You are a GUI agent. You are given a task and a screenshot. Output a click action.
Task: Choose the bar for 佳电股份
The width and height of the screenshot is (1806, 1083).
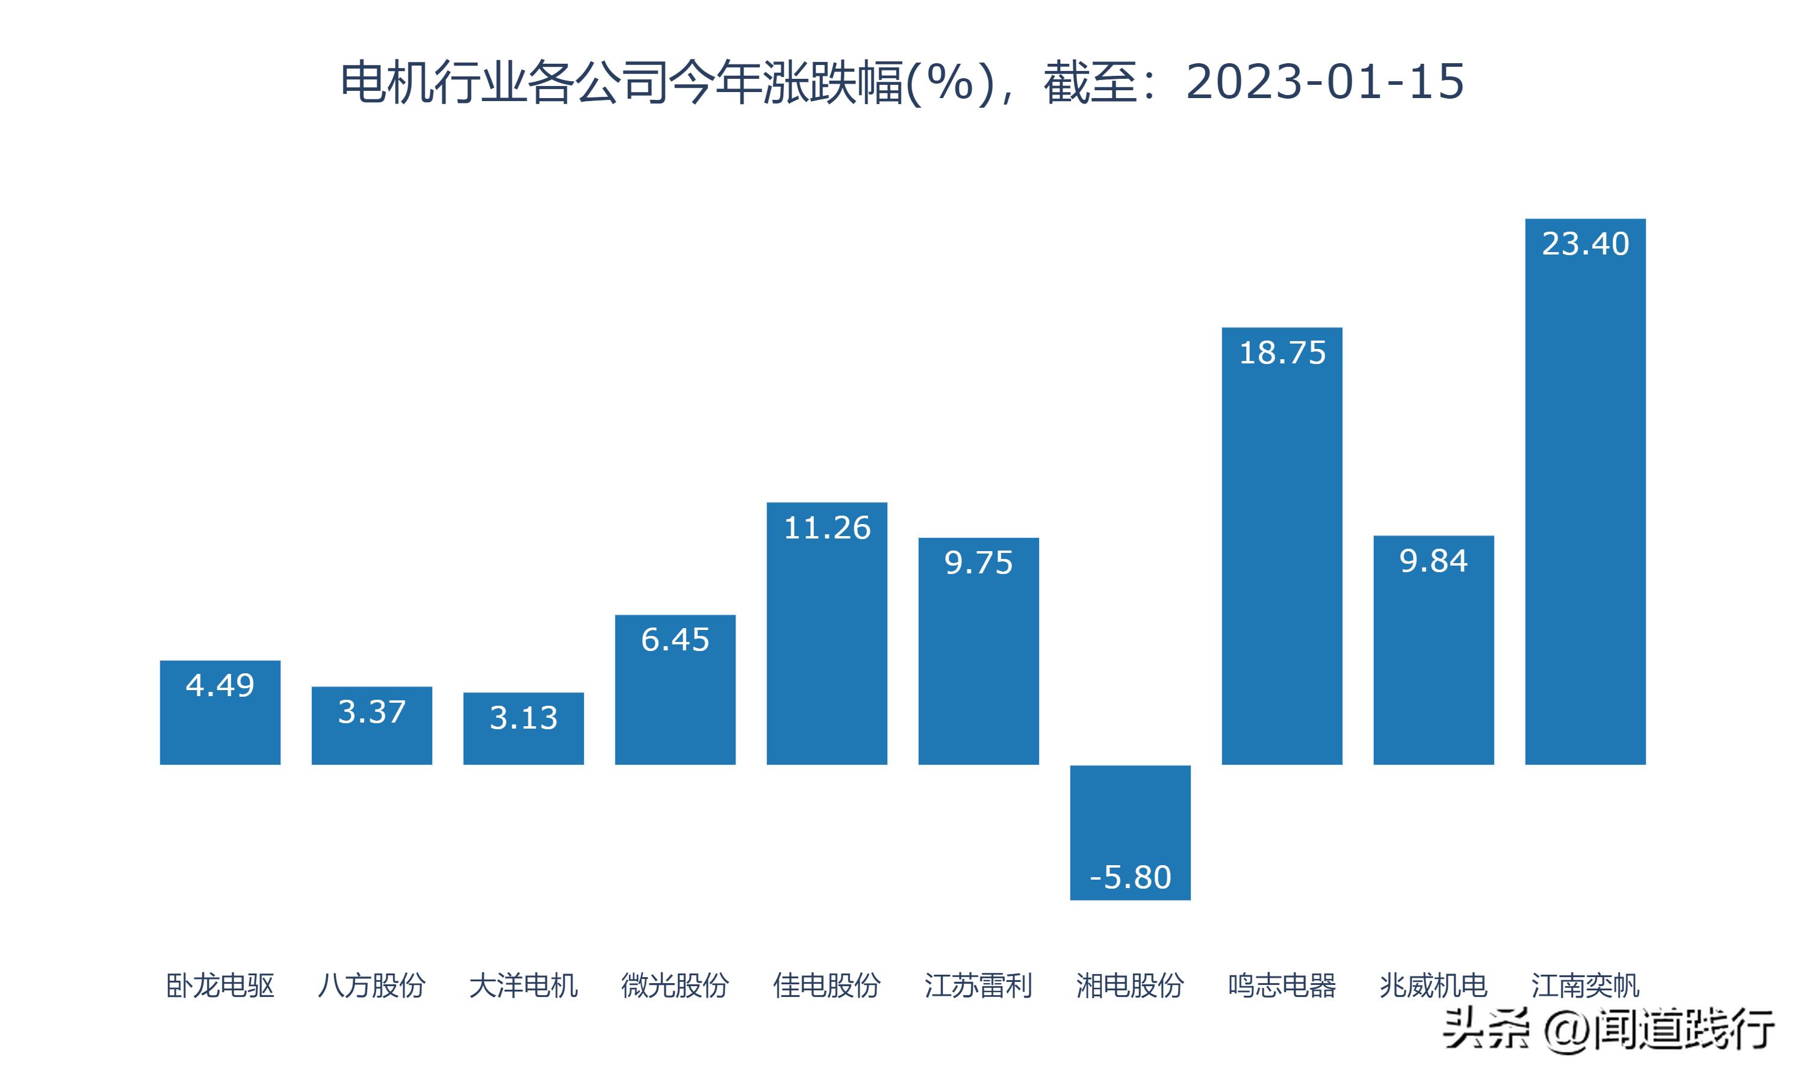click(827, 642)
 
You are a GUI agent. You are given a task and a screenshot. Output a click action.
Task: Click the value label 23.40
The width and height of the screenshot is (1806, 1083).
click(1585, 244)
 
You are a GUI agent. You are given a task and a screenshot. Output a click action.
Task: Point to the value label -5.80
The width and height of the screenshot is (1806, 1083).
click(1130, 877)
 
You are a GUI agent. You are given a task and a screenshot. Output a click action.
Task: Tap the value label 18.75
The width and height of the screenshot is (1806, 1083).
click(1282, 353)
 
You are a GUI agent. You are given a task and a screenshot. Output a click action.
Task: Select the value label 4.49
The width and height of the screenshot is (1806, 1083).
click(220, 685)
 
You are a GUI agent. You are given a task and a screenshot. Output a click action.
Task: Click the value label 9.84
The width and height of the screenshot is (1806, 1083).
click(1433, 561)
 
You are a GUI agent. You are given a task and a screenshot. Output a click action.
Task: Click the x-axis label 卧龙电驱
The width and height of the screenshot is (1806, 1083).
click(220, 985)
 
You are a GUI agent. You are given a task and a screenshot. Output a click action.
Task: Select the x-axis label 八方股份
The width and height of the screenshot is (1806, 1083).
click(371, 985)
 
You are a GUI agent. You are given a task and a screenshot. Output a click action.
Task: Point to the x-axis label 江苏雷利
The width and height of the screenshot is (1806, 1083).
click(978, 985)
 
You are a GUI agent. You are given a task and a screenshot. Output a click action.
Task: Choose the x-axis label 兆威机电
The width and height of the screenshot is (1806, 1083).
click(1433, 985)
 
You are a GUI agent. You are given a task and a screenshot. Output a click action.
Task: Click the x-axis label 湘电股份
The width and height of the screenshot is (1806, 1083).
click(1130, 985)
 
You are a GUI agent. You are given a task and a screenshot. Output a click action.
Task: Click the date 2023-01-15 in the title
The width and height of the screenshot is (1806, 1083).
click(1324, 81)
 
